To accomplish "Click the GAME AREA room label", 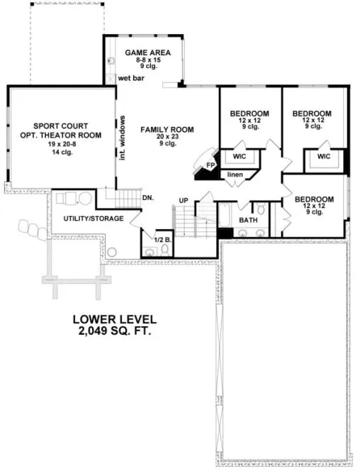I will (x=145, y=52).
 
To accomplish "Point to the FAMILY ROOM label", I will (x=167, y=129).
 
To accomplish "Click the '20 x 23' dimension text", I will (x=167, y=136).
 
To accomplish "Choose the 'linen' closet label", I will (x=235, y=174).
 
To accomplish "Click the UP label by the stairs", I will (x=184, y=201).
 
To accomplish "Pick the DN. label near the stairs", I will (x=148, y=198).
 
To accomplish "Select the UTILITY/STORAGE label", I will (x=94, y=218).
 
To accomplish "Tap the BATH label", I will (x=248, y=221).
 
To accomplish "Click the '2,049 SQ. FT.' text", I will (x=118, y=331).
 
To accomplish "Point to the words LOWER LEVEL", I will (x=118, y=320).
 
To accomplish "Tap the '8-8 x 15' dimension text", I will (x=145, y=60).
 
